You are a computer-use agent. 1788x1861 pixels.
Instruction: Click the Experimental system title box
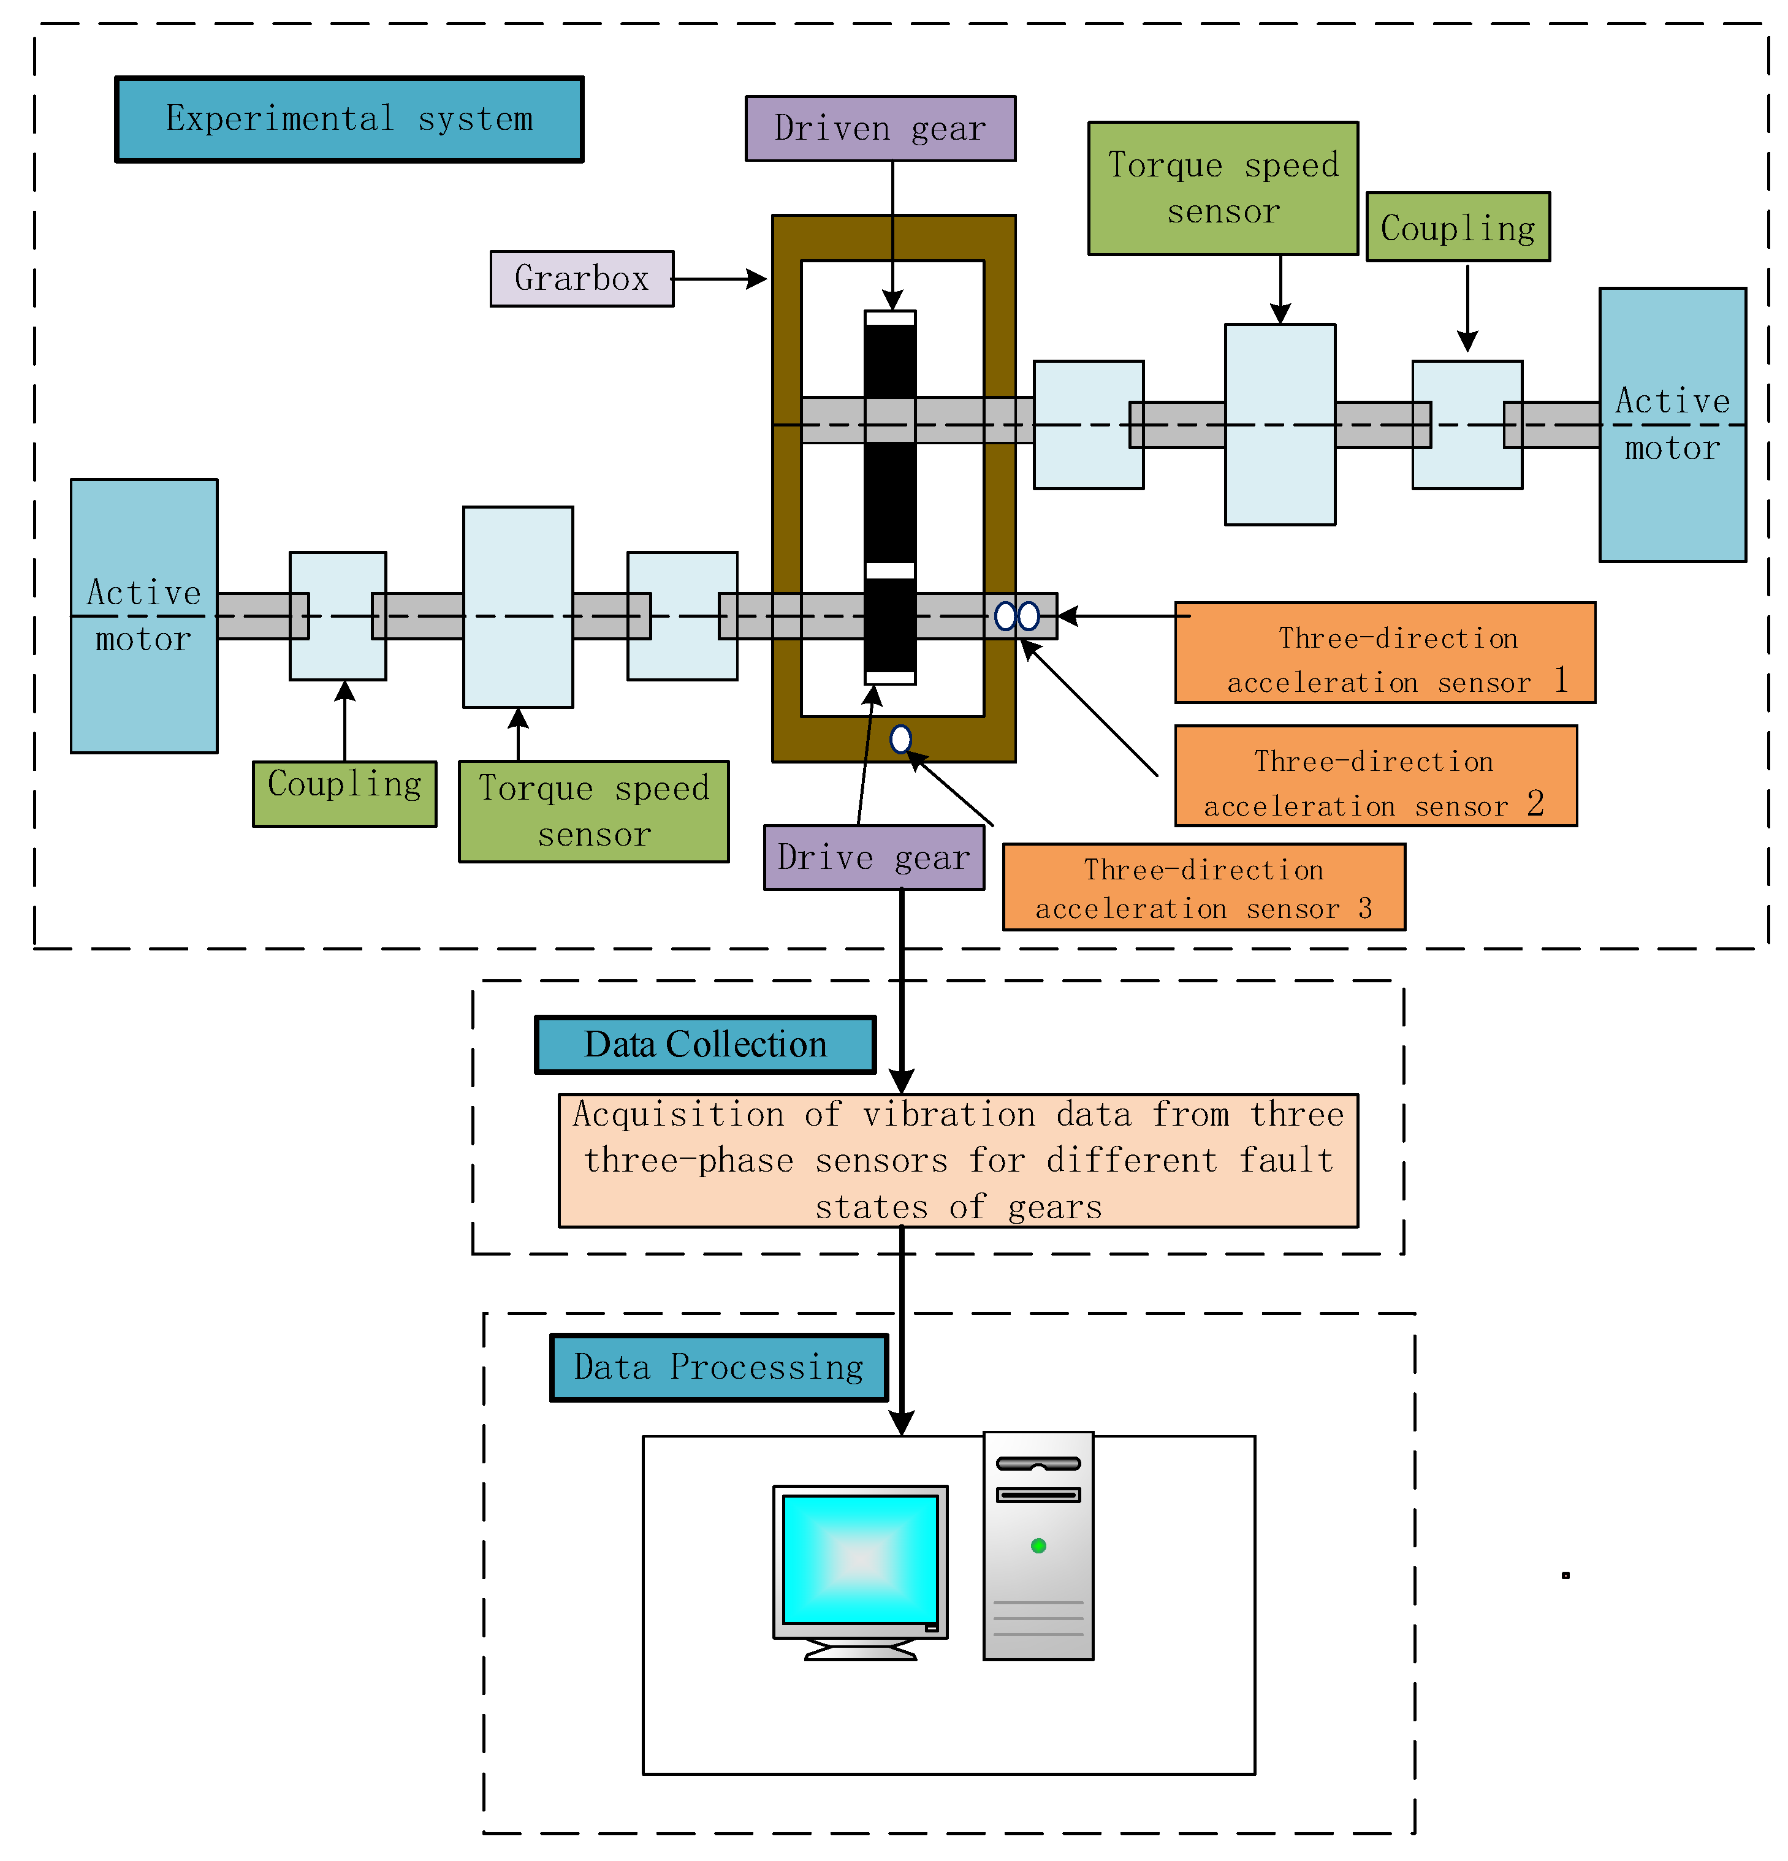pyautogui.click(x=349, y=119)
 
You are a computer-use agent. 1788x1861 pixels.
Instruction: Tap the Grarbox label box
pyautogui.click(x=581, y=278)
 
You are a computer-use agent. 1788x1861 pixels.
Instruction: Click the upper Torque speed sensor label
pyautogui.click(x=1222, y=188)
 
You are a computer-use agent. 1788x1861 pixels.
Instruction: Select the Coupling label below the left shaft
pyautogui.click(x=344, y=793)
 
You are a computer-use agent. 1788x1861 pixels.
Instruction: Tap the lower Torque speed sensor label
pyautogui.click(x=593, y=811)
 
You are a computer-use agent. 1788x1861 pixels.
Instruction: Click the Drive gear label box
pyautogui.click(x=873, y=857)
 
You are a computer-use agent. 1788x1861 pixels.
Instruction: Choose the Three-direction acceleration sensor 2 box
pyautogui.click(x=1374, y=776)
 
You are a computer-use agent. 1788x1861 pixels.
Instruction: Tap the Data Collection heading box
pyautogui.click(x=704, y=1044)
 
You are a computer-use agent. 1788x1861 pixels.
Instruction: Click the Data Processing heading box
pyautogui.click(x=719, y=1366)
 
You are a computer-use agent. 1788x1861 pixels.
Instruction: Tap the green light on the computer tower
pyautogui.click(x=1038, y=1546)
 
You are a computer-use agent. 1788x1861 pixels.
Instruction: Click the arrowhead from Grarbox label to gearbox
pyautogui.click(x=757, y=279)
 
